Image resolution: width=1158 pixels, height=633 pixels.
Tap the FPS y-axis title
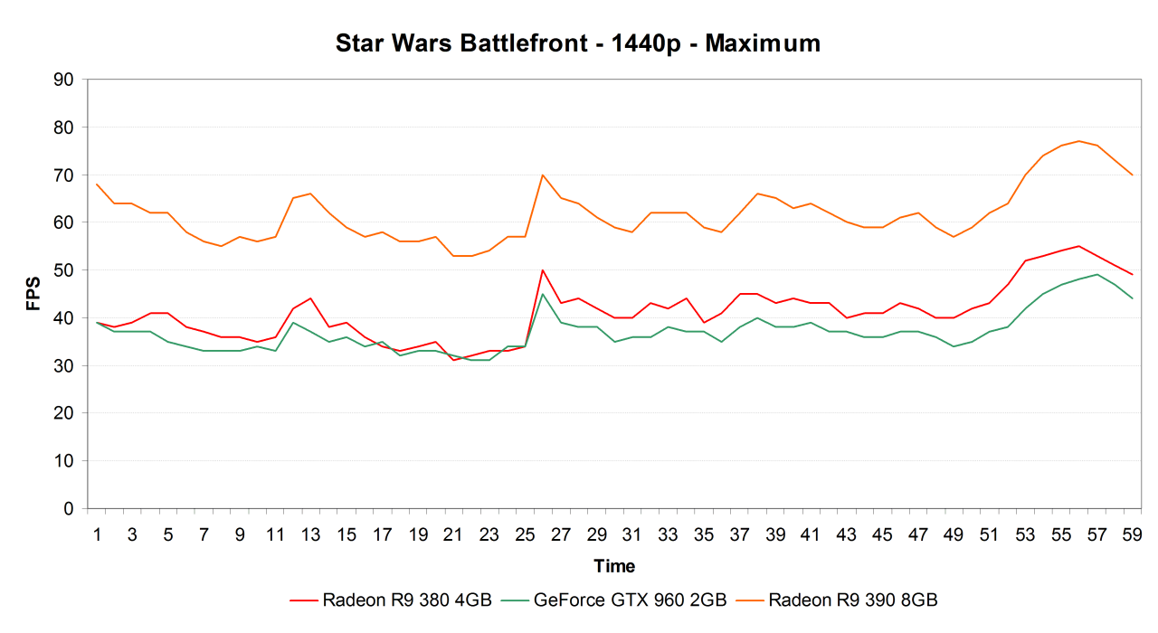coord(33,294)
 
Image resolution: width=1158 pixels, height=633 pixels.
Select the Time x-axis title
coord(614,566)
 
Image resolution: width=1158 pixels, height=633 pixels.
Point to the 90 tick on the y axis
coord(63,80)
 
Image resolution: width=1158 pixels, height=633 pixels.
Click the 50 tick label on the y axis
coord(63,270)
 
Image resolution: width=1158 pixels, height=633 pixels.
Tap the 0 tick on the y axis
coord(68,508)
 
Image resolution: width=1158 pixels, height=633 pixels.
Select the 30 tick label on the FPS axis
coord(63,365)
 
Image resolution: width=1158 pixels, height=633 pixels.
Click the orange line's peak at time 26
coord(542,175)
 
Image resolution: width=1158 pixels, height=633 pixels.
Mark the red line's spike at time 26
coord(542,269)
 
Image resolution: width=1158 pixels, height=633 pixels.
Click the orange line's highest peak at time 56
coord(1078,141)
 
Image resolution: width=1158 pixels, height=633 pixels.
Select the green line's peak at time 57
coord(1096,274)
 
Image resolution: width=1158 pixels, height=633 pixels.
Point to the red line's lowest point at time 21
coord(453,360)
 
